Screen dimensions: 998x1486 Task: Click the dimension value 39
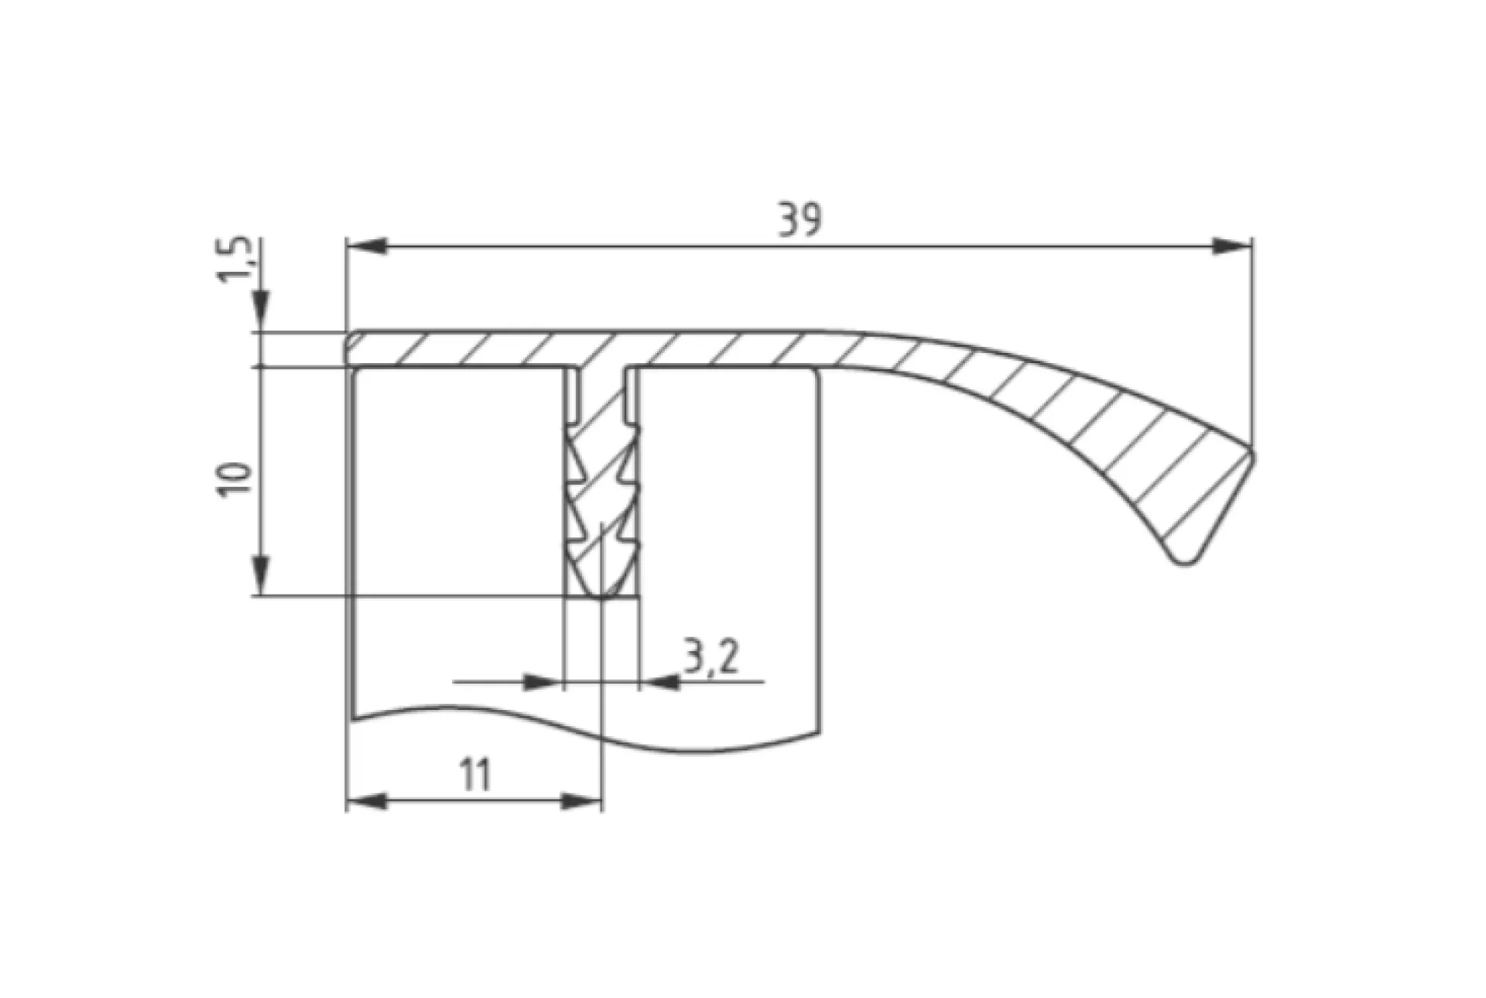pyautogui.click(x=800, y=221)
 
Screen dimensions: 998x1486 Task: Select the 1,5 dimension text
pyautogui.click(x=237, y=259)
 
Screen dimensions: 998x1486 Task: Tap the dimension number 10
pyautogui.click(x=237, y=480)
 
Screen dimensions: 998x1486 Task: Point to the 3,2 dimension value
pyautogui.click(x=711, y=657)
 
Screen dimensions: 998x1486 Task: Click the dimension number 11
pyautogui.click(x=475, y=775)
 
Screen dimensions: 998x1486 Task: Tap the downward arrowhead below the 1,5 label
pyautogui.click(x=262, y=310)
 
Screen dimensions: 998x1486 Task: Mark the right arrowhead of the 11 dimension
pyautogui.click(x=580, y=802)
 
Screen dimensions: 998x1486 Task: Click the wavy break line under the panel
pyautogui.click(x=588, y=732)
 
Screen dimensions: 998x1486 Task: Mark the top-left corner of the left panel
pyautogui.click(x=355, y=372)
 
